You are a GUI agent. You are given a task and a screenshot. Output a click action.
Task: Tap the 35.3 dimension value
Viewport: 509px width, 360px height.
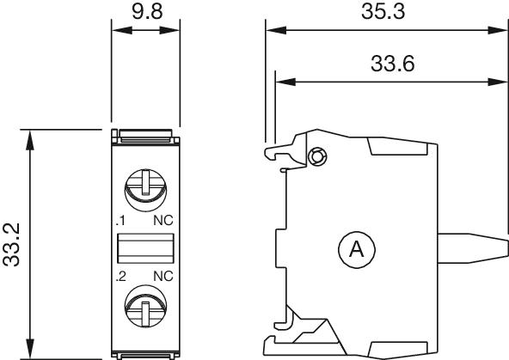[383, 11]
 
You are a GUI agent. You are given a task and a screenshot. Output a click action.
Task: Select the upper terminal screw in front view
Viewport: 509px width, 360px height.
[144, 185]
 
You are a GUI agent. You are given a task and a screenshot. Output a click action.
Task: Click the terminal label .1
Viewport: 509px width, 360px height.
[120, 221]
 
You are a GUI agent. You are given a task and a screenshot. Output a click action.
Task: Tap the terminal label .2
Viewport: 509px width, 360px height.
[120, 278]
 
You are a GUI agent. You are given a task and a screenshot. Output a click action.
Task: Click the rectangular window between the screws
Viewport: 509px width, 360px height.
[144, 249]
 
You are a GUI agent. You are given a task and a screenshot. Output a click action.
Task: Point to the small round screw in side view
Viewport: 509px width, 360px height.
[316, 156]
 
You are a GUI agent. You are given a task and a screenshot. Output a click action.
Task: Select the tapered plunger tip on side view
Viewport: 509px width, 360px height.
[477, 249]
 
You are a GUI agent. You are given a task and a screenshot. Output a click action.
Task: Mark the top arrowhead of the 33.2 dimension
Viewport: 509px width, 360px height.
[30, 137]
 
